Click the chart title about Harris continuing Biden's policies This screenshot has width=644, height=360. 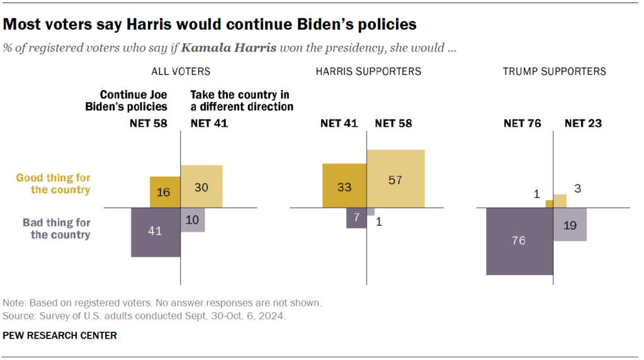210,25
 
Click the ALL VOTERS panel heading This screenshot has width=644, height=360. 181,72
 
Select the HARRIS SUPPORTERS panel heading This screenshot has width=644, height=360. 368,72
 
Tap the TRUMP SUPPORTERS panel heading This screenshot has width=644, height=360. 554,72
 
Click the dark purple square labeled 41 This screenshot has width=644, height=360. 155,232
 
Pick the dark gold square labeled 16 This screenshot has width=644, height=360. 165,192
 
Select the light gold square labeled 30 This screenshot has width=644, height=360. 201,186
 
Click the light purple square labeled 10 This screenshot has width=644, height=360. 193,220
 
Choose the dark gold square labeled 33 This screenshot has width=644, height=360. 345,186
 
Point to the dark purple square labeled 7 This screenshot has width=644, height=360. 357,218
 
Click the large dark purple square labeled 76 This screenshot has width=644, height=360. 520,241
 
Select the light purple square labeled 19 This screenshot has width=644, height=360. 570,224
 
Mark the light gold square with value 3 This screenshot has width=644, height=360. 560,201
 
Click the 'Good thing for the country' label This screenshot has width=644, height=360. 54,184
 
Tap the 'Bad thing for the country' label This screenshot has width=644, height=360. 57,228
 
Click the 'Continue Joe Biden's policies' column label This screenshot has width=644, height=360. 127,101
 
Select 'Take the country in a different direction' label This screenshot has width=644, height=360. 242,101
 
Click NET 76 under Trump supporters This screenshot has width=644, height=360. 523,123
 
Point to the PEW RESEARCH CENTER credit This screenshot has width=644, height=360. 60,335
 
